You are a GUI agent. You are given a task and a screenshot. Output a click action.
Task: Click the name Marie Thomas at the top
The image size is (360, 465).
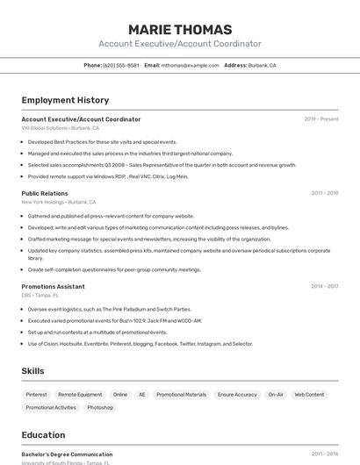tap(180, 29)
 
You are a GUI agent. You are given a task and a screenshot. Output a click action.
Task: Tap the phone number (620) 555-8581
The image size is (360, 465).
tap(120, 65)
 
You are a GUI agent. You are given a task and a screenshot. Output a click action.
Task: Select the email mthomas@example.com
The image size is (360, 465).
tap(190, 65)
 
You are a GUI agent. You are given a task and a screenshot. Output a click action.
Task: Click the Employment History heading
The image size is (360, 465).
tap(65, 100)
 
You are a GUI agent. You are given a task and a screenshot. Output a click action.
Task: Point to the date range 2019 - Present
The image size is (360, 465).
tap(321, 119)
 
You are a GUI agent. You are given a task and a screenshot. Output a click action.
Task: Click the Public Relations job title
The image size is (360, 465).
tap(45, 193)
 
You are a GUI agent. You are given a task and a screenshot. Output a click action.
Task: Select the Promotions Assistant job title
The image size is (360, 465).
tap(53, 286)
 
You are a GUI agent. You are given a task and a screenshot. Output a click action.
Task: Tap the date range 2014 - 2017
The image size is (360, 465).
tap(324, 286)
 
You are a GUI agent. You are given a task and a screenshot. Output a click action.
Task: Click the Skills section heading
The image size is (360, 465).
tap(33, 371)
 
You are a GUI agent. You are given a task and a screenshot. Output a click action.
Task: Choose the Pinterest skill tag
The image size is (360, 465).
tap(37, 395)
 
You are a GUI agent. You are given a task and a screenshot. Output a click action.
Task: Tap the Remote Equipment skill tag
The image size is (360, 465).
tap(80, 395)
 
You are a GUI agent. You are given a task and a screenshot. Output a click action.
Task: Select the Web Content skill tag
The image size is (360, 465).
tap(309, 395)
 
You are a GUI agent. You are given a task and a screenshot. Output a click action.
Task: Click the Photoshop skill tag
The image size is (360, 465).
tap(100, 407)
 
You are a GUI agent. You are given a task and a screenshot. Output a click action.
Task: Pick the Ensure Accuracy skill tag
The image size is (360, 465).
tap(237, 395)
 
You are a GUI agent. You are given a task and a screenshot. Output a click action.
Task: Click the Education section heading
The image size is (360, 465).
tap(43, 435)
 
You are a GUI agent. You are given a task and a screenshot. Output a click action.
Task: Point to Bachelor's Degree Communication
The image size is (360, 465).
tap(67, 454)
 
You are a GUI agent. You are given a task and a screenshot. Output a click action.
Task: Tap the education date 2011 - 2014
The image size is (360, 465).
tap(324, 454)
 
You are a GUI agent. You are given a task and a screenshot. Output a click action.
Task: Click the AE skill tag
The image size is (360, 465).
tap(142, 395)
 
